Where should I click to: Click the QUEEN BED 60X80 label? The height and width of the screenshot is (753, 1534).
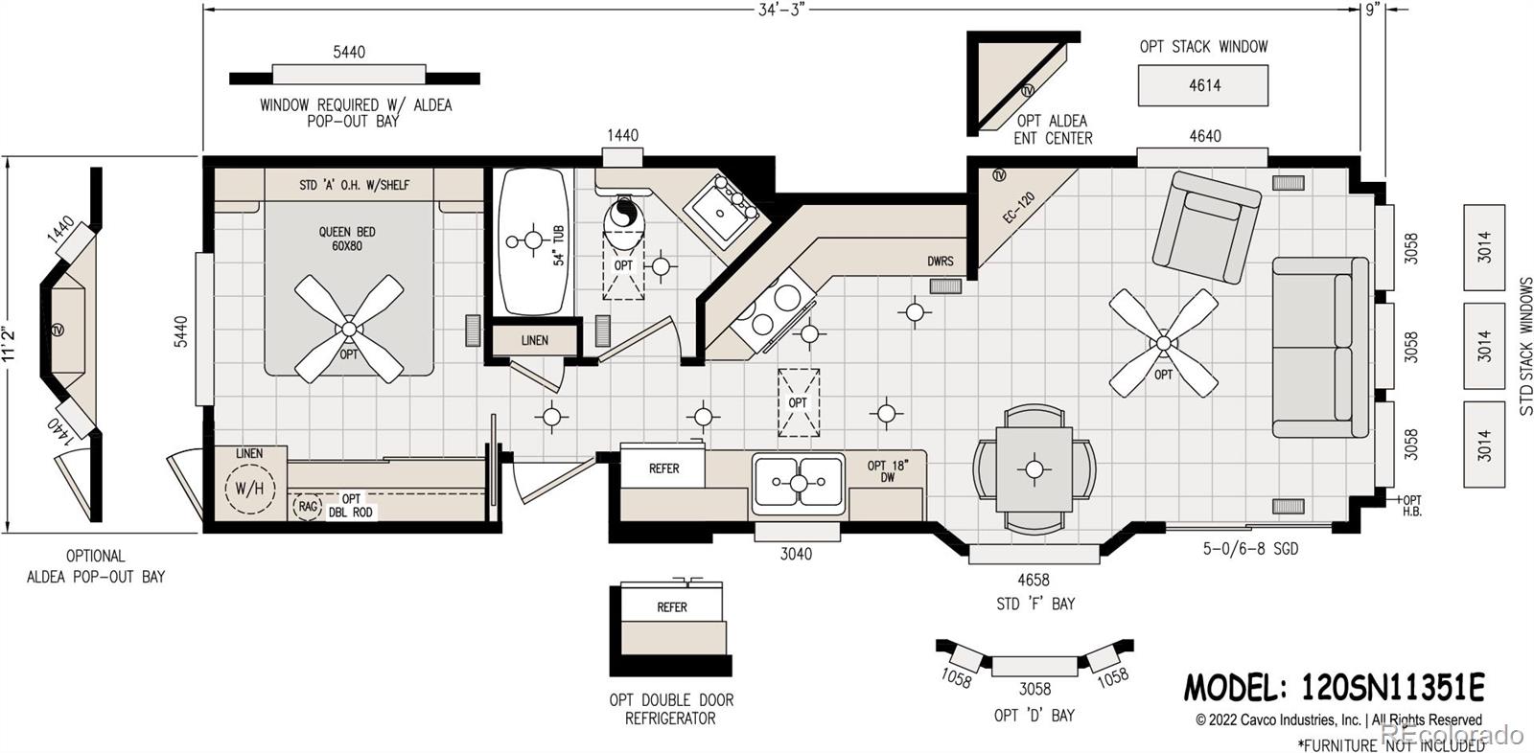(347, 239)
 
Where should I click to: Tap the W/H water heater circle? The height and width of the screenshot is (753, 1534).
(249, 488)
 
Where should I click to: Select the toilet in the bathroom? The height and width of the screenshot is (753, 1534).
(623, 226)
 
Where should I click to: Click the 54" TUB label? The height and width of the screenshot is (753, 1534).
(559, 245)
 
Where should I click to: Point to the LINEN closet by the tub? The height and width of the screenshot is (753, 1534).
(535, 340)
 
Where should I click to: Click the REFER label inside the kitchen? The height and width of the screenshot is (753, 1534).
(663, 468)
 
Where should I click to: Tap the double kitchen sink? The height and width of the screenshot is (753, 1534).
(798, 483)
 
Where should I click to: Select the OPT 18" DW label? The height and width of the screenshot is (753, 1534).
(887, 471)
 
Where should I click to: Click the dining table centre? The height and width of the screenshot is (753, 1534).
(1034, 469)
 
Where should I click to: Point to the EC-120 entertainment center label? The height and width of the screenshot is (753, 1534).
(1018, 208)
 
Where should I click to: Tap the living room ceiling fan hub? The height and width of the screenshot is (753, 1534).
(1164, 342)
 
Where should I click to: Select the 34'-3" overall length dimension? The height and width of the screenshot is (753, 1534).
(780, 10)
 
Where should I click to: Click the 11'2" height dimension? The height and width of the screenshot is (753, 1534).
(9, 343)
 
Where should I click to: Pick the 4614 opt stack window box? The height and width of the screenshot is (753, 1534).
(1203, 85)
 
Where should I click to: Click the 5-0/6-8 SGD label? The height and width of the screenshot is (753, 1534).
(1250, 549)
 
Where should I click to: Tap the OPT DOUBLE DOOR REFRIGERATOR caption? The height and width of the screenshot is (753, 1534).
(671, 709)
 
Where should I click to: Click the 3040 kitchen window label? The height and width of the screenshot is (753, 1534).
(796, 554)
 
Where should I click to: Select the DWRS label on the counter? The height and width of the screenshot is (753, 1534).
(941, 261)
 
